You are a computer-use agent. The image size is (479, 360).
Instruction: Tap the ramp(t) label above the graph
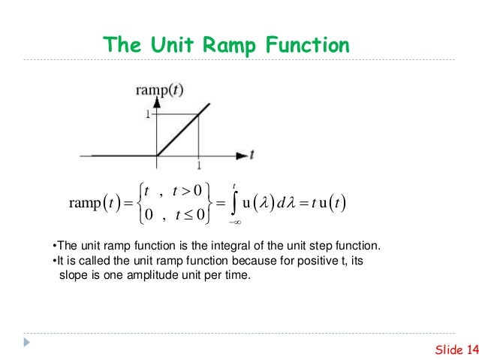158,91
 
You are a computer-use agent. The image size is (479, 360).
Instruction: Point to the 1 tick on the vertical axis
148,115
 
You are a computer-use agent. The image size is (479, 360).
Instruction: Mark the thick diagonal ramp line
178,135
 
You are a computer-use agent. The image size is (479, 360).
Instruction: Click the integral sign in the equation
235,202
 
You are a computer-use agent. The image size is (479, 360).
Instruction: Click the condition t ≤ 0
185,216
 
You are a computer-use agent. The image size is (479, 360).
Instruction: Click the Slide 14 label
456,348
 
